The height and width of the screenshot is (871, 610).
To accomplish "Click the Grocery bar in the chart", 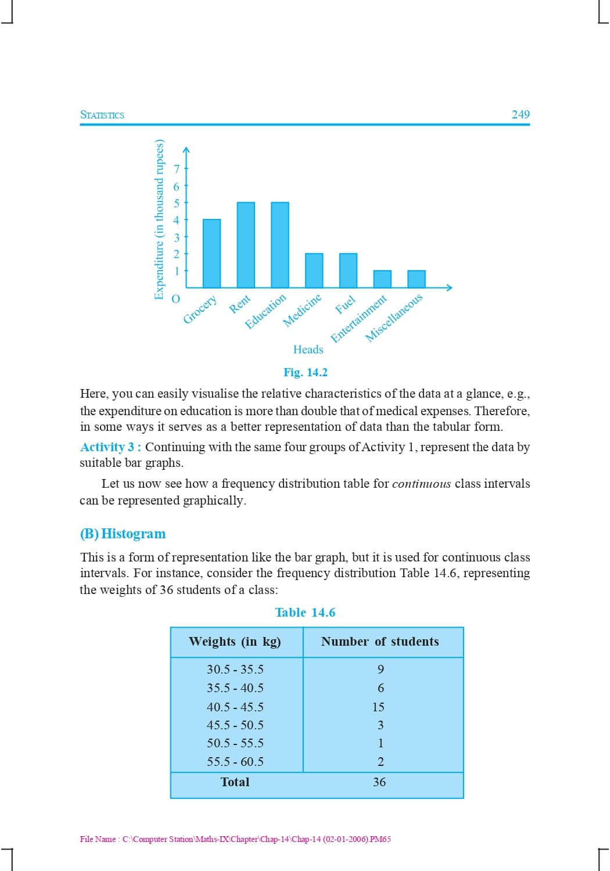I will coord(211,254).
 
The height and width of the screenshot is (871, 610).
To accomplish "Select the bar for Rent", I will coord(246,245).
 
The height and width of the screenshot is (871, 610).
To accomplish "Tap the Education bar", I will coord(280,245).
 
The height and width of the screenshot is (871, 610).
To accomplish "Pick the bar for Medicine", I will coord(314,271).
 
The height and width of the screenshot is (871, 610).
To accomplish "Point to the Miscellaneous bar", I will coord(417,279).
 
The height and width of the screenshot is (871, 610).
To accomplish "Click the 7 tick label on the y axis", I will coord(177,169).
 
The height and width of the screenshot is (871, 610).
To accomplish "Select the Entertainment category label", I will coord(358,318).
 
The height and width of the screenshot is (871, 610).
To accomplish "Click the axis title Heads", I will coord(308,350).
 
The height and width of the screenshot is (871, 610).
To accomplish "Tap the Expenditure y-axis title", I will coord(159,219).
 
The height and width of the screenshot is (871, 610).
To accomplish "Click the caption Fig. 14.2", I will coord(306,372).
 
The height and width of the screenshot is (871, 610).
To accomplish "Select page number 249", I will coord(521,114).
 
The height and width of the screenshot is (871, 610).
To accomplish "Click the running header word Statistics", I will coord(102,115).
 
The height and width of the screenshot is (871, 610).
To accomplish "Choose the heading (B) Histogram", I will coord(123,534).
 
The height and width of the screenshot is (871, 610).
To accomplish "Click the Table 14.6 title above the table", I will coord(305,613).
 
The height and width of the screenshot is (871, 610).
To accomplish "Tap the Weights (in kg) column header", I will coord(235,642).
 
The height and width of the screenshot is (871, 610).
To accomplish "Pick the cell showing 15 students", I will coord(379,707).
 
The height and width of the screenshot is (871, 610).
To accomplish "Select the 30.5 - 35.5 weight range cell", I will coord(235,670).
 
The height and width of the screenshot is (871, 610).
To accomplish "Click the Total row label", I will coord(235,782).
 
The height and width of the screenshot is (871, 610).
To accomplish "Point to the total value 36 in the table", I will coord(379,782).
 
